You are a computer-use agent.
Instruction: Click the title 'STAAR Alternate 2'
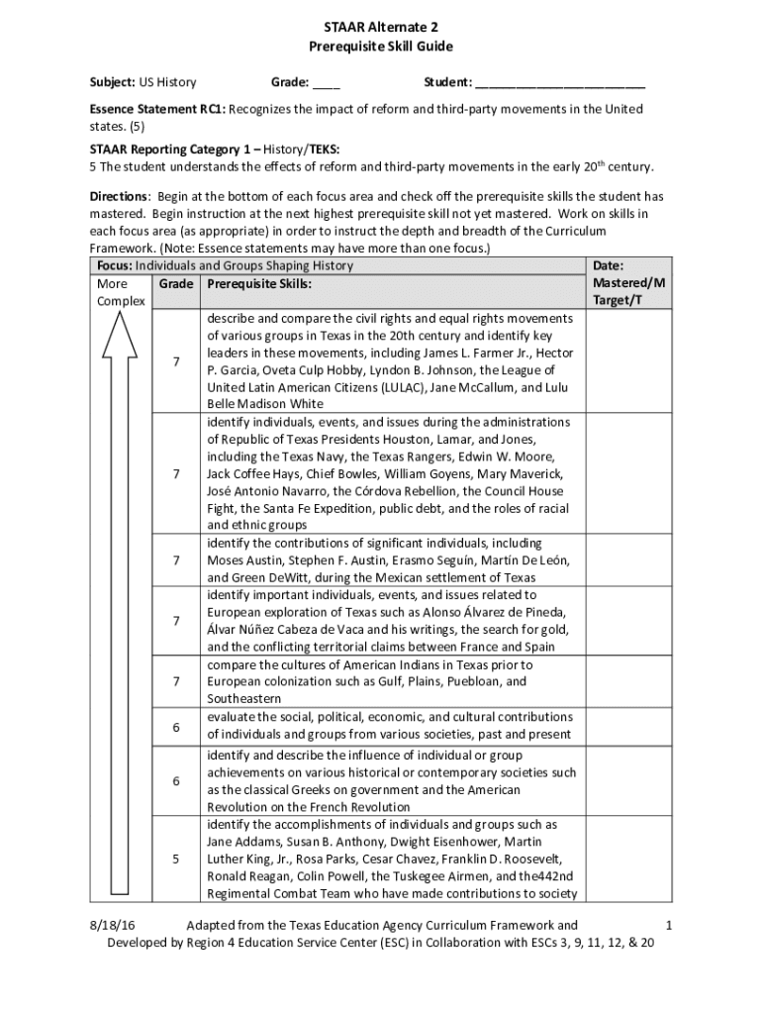click(381, 30)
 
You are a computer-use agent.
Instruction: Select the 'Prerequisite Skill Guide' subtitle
click(381, 48)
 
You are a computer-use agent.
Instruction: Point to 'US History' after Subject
click(167, 81)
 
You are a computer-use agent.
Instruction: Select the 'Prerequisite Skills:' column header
click(259, 283)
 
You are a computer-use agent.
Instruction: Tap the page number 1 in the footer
click(669, 925)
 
